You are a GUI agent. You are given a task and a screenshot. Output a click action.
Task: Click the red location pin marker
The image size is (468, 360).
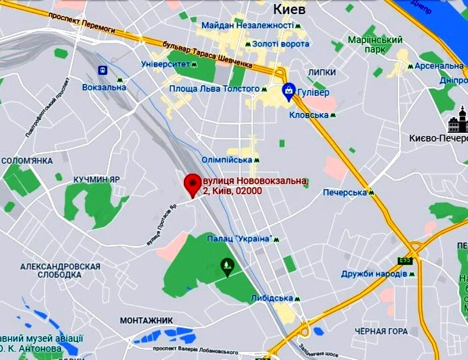[x=192, y=184]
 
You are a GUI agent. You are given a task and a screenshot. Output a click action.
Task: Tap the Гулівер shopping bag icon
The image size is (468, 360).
[x=288, y=91]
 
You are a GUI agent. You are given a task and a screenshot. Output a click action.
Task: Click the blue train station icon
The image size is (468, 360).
[x=103, y=70]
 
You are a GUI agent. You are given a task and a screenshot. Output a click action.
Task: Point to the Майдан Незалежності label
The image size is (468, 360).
[x=247, y=25]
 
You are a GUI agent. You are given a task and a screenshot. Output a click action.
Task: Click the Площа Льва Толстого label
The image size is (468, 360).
[x=214, y=89]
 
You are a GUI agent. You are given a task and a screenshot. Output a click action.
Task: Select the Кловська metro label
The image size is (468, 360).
[x=309, y=115]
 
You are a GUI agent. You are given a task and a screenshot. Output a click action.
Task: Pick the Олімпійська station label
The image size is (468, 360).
[x=227, y=160]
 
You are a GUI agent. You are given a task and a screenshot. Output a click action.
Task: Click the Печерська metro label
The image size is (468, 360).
[x=345, y=193]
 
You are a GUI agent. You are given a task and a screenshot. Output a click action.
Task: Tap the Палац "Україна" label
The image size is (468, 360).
[x=240, y=239]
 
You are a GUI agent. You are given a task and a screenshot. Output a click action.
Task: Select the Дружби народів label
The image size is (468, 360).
[x=374, y=274]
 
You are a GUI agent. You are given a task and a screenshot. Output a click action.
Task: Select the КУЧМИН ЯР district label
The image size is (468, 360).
[x=97, y=180]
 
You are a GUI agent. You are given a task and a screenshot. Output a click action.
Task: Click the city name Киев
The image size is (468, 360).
[x=289, y=9]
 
